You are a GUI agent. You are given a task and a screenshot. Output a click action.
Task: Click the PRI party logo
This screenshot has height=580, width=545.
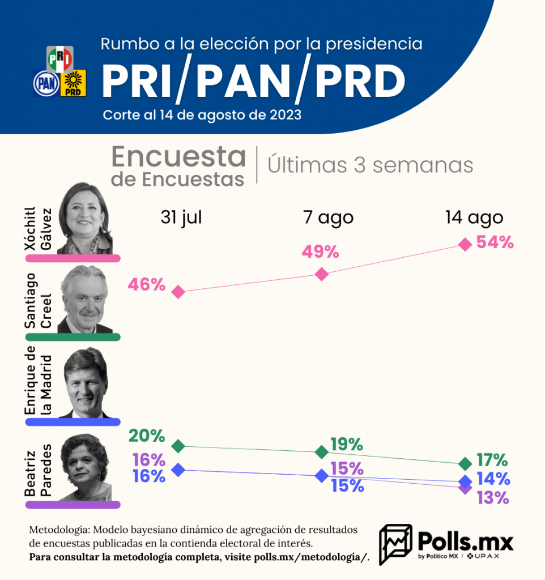tap(59, 58)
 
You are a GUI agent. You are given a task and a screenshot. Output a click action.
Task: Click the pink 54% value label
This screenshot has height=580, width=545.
tap(495, 242)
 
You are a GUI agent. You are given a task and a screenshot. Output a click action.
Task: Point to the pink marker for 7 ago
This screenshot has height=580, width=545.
tap(321, 274)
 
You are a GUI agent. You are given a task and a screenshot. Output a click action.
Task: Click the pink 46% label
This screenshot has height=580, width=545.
tap(147, 284)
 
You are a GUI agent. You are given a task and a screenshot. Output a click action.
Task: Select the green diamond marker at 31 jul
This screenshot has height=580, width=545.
tap(178, 446)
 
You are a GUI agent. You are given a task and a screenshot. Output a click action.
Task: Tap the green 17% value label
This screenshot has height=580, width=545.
tap(492, 460)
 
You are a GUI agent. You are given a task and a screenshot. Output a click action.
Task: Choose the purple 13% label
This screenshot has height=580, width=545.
tap(492, 498)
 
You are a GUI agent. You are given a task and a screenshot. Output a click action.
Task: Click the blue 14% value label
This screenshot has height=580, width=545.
tap(492, 479)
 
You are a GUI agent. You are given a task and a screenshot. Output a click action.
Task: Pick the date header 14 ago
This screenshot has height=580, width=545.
tap(474, 217)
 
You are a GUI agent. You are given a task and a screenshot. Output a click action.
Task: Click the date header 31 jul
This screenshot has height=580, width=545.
tap(181, 217)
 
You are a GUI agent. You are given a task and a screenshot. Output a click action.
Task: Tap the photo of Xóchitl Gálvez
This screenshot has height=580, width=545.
tap(85, 218)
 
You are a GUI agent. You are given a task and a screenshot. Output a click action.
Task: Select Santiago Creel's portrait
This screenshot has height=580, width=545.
tap(85, 299)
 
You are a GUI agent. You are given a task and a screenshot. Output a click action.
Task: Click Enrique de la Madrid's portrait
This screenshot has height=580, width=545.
tap(85, 382)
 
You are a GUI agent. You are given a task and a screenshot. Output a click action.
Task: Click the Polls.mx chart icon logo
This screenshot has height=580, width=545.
tap(395, 544)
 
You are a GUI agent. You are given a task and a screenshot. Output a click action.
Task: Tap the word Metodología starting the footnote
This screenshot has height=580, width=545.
tap(58, 530)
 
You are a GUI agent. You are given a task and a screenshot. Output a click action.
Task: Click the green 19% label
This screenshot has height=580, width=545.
tap(346, 445)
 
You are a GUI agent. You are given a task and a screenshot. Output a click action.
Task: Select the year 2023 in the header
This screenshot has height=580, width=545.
tap(281, 115)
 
